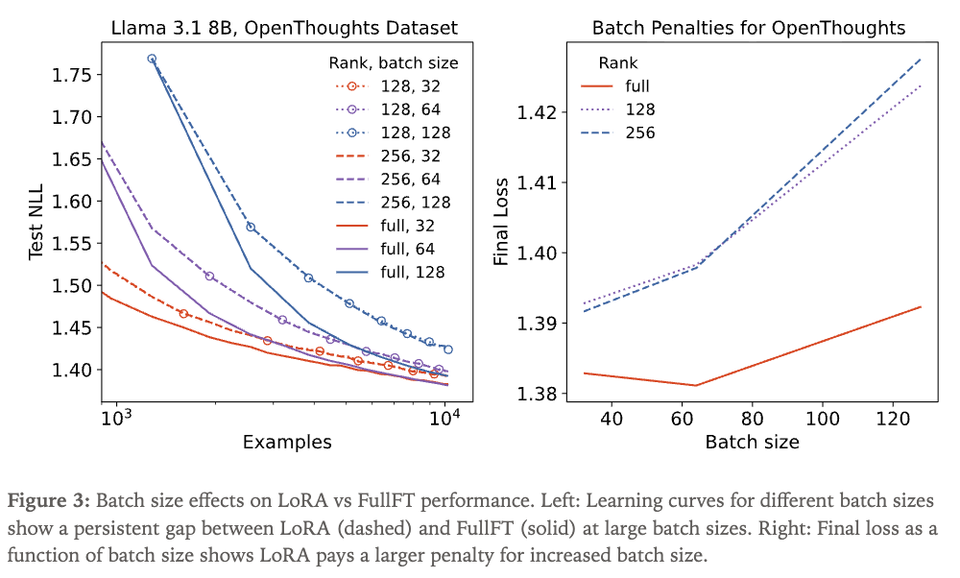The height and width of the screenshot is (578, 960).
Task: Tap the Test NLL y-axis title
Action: [x=36, y=224]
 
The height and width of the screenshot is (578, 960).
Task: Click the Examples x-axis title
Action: [x=287, y=443]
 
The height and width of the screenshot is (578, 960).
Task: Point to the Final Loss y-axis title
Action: [x=500, y=224]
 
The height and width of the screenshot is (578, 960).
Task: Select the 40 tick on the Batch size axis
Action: [x=611, y=419]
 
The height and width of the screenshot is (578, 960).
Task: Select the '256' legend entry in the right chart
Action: [x=640, y=132]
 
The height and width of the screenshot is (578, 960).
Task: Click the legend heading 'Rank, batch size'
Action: [x=389, y=63]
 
